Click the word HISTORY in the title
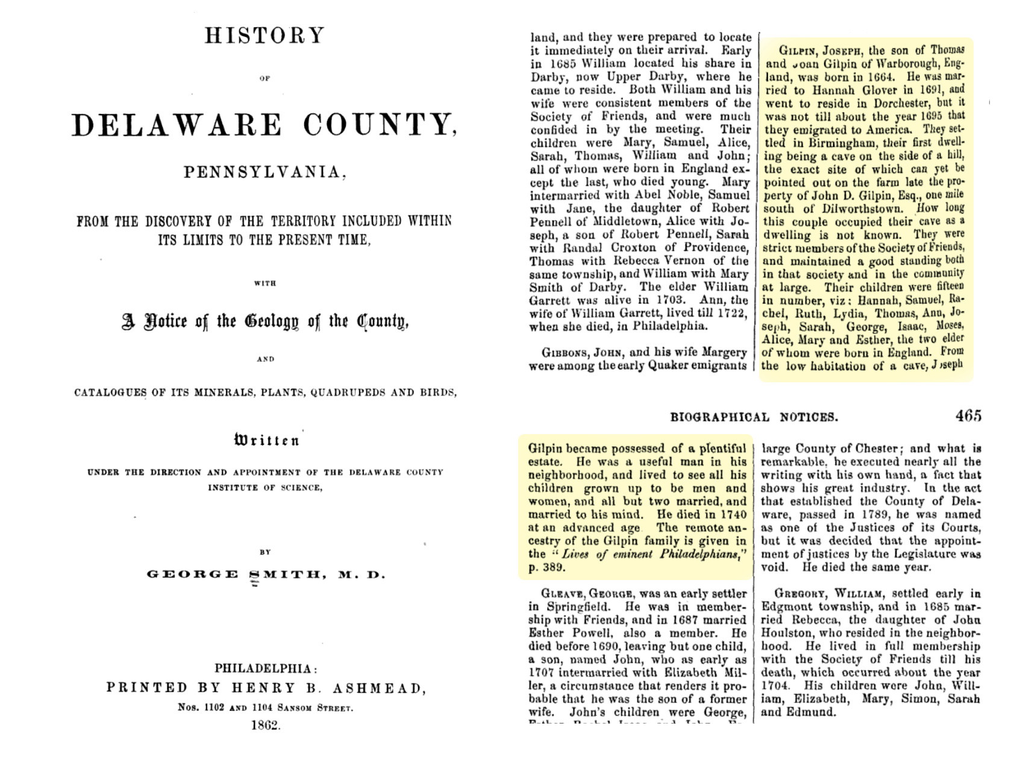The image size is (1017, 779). (264, 36)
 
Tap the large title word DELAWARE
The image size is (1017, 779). (177, 125)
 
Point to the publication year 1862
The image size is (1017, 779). (266, 725)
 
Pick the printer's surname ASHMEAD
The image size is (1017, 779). (379, 688)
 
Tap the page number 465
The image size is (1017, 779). (968, 416)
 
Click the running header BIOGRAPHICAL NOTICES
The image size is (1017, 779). (754, 417)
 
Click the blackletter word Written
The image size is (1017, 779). (266, 440)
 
